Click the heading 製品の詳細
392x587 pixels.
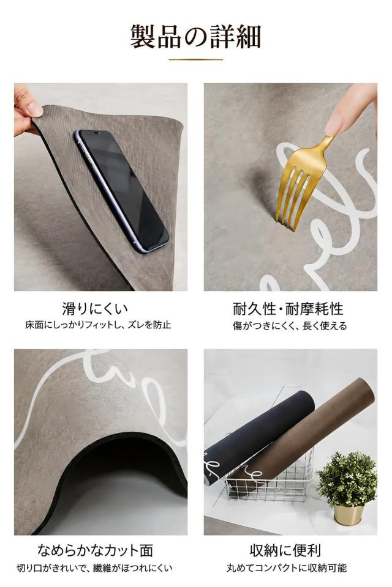click(x=195, y=37)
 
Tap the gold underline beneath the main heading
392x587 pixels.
click(x=195, y=59)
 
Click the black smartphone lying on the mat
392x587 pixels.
click(x=123, y=191)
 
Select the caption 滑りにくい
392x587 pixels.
click(x=95, y=309)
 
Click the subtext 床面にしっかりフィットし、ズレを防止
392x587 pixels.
click(x=98, y=325)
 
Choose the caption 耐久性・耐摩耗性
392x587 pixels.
click(x=288, y=309)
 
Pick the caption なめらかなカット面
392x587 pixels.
click(x=96, y=550)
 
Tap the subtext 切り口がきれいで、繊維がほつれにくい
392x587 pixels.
click(x=94, y=568)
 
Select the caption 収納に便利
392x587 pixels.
click(x=285, y=550)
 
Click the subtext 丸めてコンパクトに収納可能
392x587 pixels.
click(x=287, y=568)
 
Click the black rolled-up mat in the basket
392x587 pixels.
click(x=255, y=434)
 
